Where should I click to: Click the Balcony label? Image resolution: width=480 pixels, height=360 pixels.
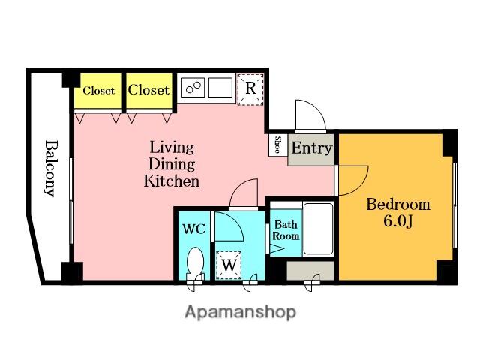coord(51,168)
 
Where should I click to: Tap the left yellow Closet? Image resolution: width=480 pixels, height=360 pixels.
coord(98,90)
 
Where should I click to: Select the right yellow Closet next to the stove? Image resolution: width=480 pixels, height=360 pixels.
coord(149,90)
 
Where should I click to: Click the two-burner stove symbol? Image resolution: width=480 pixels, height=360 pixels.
coord(193,88)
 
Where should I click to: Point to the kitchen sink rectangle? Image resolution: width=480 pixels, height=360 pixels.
coord(220,88)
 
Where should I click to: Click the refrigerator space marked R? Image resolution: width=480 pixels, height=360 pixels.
coord(250,89)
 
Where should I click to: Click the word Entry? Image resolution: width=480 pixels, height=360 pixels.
coord(312,148)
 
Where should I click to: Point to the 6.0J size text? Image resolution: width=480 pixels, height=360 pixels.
coord(398,221)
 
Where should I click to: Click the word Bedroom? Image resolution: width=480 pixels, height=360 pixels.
coord(398,205)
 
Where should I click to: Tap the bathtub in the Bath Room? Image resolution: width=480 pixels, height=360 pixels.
coord(318,229)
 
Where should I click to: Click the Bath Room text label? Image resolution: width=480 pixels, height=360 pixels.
coord(286,230)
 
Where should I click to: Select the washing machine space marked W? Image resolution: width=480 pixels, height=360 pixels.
coord(229,265)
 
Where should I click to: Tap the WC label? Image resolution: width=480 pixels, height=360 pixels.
coord(194,229)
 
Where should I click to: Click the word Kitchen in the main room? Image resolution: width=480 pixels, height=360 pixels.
coord(172,181)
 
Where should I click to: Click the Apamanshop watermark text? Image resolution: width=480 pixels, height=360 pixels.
coord(240,313)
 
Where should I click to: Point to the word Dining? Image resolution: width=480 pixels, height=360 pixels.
coord(172,164)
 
